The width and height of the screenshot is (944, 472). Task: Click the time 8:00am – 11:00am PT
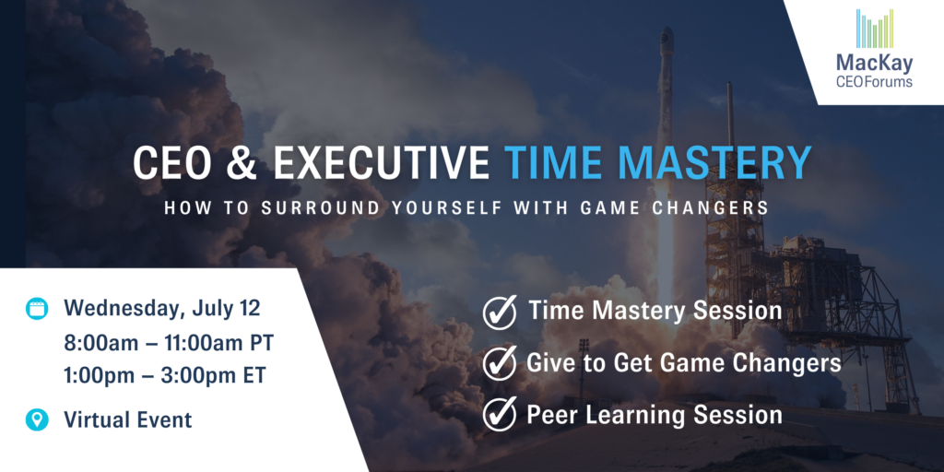[169, 345]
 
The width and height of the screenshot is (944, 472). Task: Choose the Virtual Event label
[127, 419]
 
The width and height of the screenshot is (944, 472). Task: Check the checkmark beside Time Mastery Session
[499, 312]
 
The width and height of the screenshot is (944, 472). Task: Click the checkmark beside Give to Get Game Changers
[499, 363]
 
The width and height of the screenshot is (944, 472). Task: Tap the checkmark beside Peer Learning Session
[499, 415]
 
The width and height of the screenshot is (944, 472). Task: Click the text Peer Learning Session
[655, 415]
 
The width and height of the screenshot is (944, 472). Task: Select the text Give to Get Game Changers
[683, 363]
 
